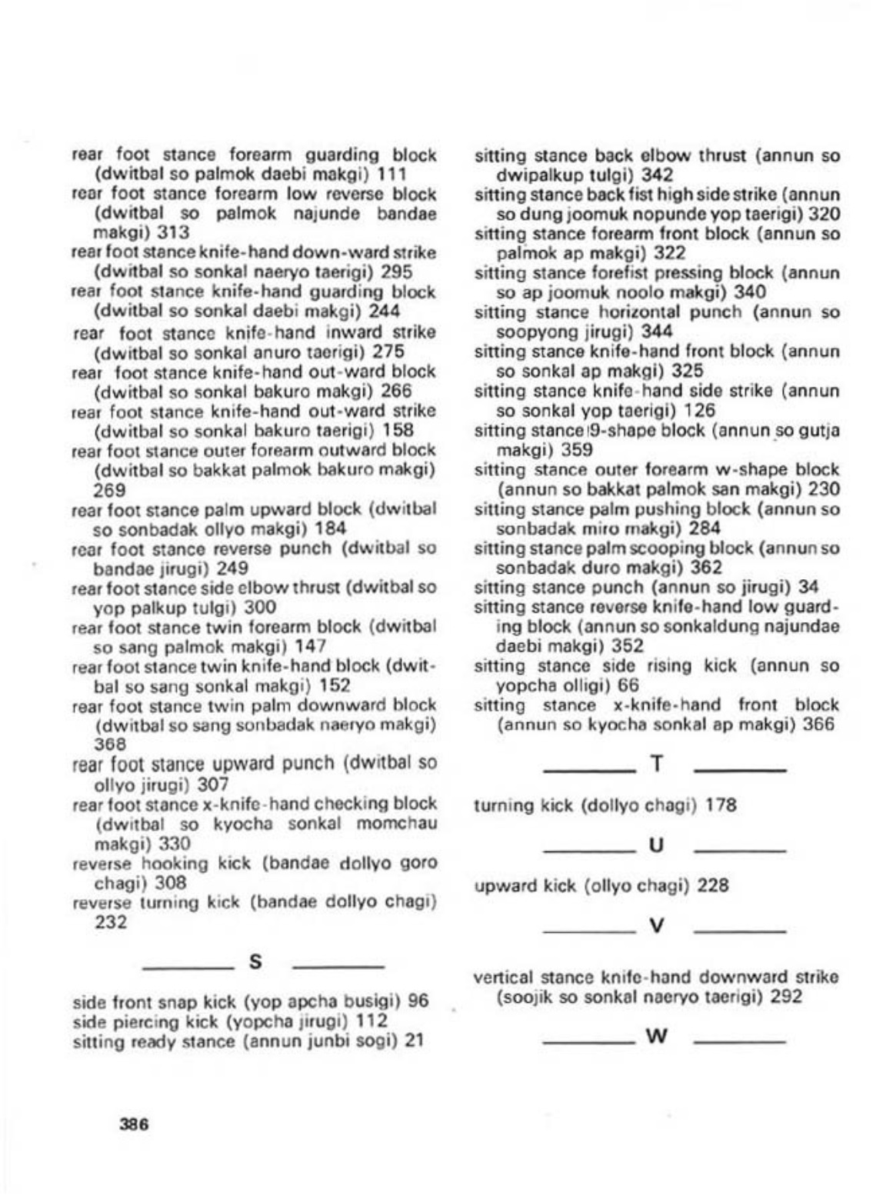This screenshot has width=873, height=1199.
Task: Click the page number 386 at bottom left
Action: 134,1124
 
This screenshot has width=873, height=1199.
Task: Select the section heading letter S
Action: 257,962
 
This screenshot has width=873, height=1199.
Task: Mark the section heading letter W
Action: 656,1036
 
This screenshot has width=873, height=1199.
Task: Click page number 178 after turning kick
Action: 721,805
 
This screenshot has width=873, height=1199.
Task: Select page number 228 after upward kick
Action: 713,886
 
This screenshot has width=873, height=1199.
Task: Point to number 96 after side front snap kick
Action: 418,1001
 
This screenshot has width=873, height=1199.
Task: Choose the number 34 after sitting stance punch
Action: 808,588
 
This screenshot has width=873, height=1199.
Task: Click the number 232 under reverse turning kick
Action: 110,923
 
